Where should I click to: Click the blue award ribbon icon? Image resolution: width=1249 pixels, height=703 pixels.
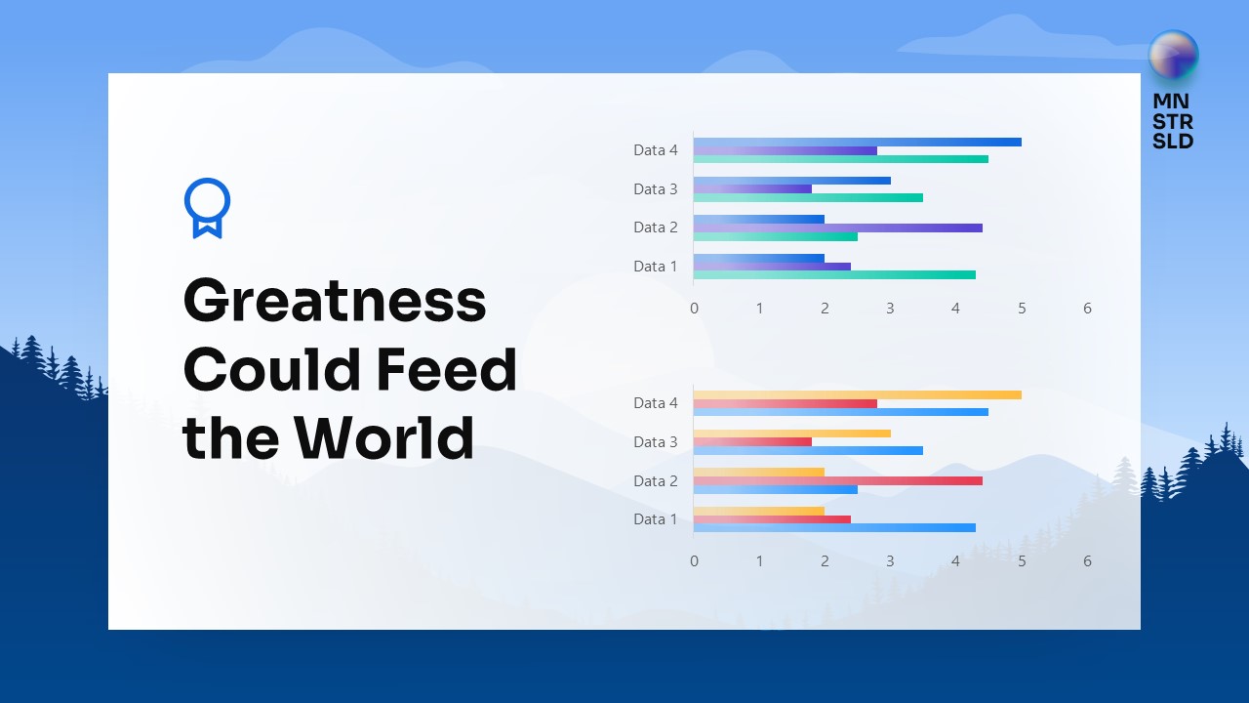tap(207, 207)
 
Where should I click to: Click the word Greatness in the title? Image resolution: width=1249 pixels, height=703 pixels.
tap(334, 301)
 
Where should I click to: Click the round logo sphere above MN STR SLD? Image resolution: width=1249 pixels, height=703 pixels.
tap(1173, 56)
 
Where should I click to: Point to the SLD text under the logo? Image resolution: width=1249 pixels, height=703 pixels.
tap(1173, 141)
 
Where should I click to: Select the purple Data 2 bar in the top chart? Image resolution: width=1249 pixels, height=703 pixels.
tap(837, 227)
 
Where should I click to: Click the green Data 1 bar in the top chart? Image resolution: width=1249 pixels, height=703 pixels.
tap(834, 275)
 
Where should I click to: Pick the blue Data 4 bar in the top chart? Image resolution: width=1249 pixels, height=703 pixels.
tap(857, 142)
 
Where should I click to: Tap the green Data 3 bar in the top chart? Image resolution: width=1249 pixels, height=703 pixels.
tap(808, 197)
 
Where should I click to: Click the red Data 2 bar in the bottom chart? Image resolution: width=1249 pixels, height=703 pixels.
tap(837, 480)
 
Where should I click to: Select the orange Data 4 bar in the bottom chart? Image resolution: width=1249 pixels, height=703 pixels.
tap(857, 394)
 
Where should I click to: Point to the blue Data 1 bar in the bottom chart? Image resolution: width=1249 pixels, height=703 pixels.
tap(834, 528)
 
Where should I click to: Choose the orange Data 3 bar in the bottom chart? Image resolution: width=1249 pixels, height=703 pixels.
tap(791, 433)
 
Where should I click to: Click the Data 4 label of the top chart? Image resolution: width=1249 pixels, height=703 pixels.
tap(655, 150)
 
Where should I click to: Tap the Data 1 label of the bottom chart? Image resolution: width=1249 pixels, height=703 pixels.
tap(655, 519)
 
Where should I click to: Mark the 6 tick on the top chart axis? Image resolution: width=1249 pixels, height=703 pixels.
tap(1087, 309)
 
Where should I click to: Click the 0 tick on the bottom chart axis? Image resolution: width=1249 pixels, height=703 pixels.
tap(694, 561)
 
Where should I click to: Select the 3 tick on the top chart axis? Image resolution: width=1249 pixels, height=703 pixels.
tap(890, 309)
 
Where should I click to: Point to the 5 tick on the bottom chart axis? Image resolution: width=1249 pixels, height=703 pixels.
tap(1022, 561)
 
